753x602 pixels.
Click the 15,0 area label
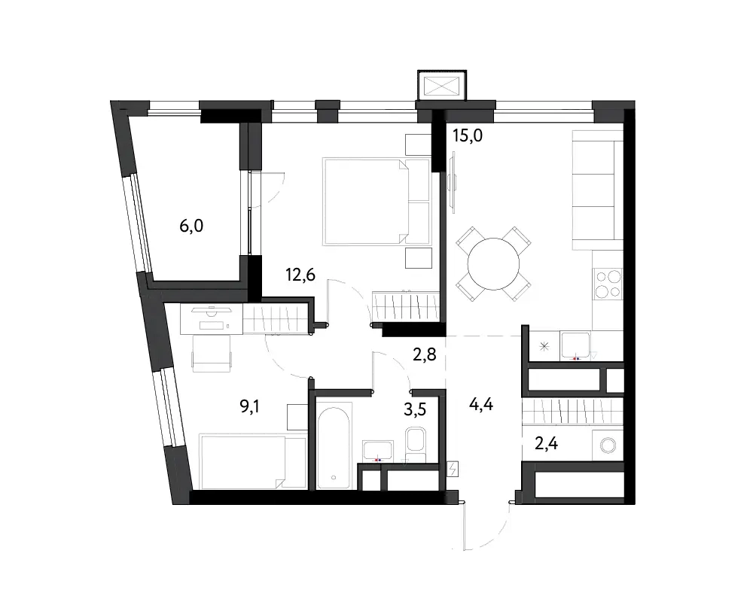pyautogui.click(x=468, y=136)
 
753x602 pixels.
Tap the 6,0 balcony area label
pyautogui.click(x=191, y=226)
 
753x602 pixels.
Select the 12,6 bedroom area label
pyautogui.click(x=300, y=275)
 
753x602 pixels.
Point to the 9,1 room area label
pyautogui.click(x=250, y=407)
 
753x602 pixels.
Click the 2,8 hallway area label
pyautogui.click(x=425, y=354)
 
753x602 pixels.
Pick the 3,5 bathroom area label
pyautogui.click(x=415, y=409)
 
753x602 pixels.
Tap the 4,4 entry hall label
pyautogui.click(x=480, y=405)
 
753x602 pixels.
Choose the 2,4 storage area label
pyautogui.click(x=546, y=443)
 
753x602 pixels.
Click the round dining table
pyautogui.click(x=494, y=263)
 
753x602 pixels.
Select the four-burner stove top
pyautogui.click(x=608, y=284)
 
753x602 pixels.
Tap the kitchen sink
pyautogui.click(x=575, y=345)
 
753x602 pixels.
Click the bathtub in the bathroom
pyautogui.click(x=334, y=448)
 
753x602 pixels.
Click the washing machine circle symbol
pyautogui.click(x=608, y=445)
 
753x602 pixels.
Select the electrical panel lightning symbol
pyautogui.click(x=453, y=469)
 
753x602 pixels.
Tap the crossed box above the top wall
pyautogui.click(x=442, y=86)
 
